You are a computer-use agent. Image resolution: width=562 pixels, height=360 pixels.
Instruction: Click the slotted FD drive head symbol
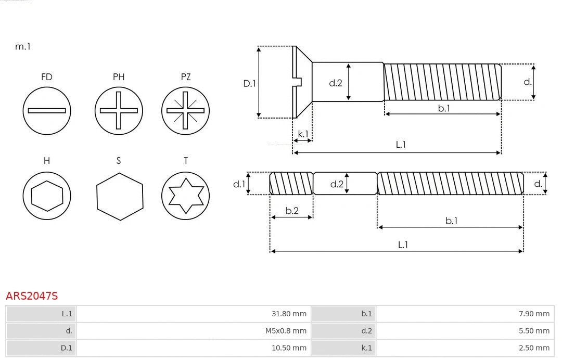coord(47,110)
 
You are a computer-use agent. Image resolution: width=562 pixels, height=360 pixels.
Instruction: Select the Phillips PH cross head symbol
coord(119,110)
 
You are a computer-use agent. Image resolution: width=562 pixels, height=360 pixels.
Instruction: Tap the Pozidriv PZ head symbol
coord(185,110)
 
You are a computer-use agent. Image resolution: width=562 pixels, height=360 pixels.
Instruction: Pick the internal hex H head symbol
coord(47,196)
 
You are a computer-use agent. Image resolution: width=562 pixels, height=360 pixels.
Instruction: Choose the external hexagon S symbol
coord(119,196)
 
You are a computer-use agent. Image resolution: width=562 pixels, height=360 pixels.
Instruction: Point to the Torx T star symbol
coord(185,196)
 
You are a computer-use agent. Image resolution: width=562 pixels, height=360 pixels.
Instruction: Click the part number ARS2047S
coord(32,296)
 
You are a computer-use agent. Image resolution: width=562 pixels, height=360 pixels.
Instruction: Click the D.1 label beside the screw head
coord(250,83)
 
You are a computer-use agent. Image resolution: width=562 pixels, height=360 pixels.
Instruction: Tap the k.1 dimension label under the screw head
coord(302,134)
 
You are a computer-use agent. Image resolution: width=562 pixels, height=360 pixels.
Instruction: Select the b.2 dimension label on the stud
coord(292,211)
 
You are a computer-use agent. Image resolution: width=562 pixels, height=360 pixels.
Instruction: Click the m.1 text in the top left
coord(23,46)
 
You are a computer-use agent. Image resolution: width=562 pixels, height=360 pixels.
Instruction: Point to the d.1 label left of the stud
coord(238,184)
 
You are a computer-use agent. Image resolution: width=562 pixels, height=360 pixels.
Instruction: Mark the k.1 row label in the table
coord(367,348)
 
